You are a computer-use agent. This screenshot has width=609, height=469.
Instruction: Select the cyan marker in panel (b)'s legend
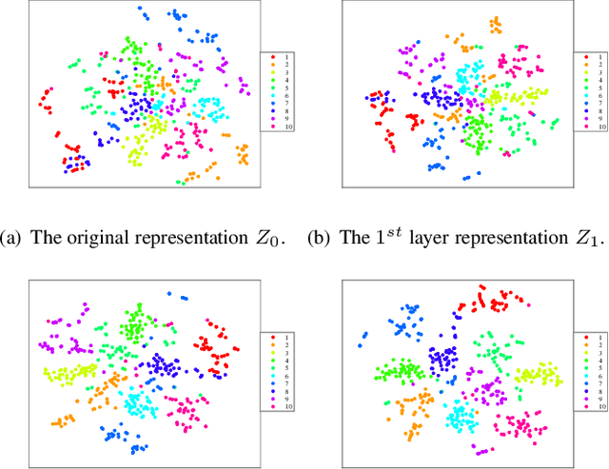[586, 95]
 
